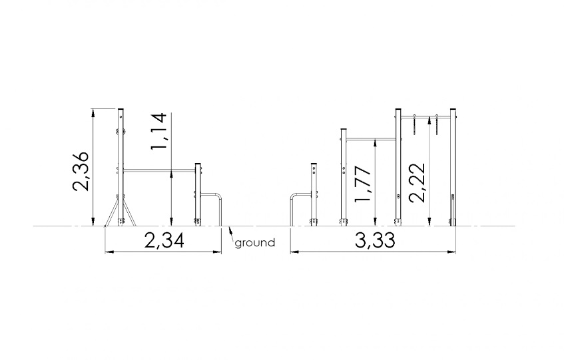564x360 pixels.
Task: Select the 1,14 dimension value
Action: pyautogui.click(x=158, y=131)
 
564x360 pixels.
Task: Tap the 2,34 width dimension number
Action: pyautogui.click(x=164, y=240)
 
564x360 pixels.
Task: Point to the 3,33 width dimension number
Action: pyautogui.click(x=375, y=240)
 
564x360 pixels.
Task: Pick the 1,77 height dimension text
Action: pyautogui.click(x=362, y=184)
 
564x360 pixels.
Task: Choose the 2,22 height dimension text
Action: pyautogui.click(x=418, y=183)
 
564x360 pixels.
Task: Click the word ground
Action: pyautogui.click(x=254, y=244)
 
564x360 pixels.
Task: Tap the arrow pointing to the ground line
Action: pyautogui.click(x=230, y=234)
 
